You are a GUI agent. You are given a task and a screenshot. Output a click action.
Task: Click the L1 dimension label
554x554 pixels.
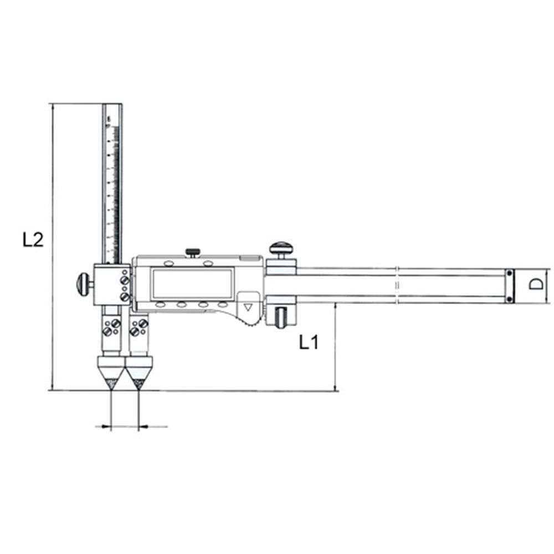tap(309, 342)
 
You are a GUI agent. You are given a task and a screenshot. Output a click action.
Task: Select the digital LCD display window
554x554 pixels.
tap(192, 283)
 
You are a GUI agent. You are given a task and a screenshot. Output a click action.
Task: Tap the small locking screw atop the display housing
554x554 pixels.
tap(193, 253)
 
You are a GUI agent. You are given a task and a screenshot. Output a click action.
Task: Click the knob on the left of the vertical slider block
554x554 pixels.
tap(84, 284)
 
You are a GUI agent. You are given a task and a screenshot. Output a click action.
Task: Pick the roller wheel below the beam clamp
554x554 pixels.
tap(281, 317)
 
